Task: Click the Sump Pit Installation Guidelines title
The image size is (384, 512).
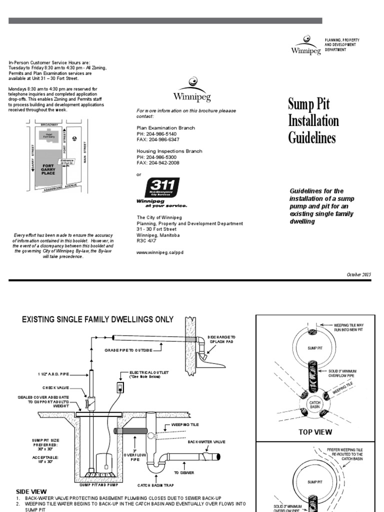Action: pyautogui.click(x=313, y=120)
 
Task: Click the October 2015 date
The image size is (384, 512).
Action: pyautogui.click(x=359, y=274)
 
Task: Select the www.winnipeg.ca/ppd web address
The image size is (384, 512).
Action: pyautogui.click(x=160, y=253)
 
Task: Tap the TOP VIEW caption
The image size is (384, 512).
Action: pyautogui.click(x=315, y=431)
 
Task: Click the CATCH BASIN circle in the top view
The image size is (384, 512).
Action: pyautogui.click(x=314, y=403)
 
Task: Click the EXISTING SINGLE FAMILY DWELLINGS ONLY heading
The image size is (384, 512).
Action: pyautogui.click(x=97, y=319)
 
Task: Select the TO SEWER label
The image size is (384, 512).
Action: pyautogui.click(x=183, y=471)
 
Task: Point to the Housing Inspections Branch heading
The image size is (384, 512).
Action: pyautogui.click(x=169, y=150)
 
